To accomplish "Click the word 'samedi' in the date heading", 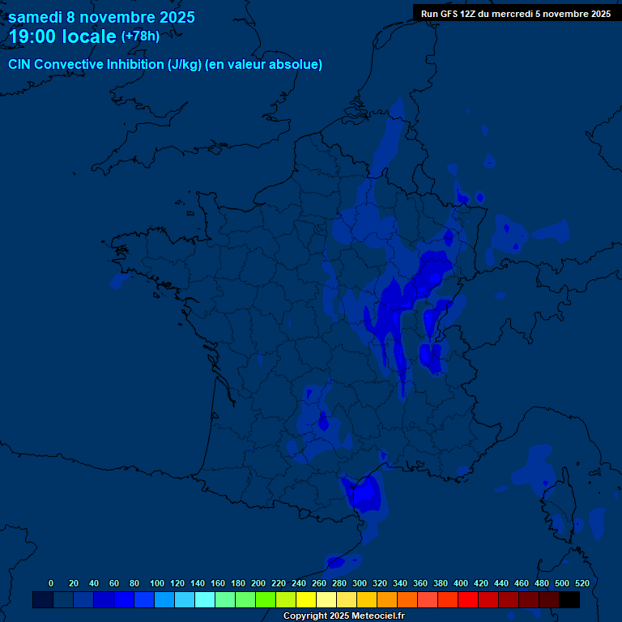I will pyautogui.click(x=35, y=17).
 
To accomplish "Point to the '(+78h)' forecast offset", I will pyautogui.click(x=140, y=36).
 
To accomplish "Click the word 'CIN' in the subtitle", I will pyautogui.click(x=19, y=65).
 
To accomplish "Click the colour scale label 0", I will pyautogui.click(x=51, y=583).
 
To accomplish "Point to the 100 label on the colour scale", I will pyautogui.click(x=157, y=583).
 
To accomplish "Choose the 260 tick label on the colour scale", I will pyautogui.click(x=319, y=583).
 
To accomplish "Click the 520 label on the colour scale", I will pyautogui.click(x=582, y=583).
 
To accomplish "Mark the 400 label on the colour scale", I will pyautogui.click(x=461, y=583).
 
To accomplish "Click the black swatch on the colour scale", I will pyautogui.click(x=569, y=600).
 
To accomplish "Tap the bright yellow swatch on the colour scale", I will pyautogui.click(x=305, y=600).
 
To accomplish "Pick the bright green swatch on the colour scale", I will pyautogui.click(x=265, y=600).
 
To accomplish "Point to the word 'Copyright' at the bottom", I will pyautogui.click(x=305, y=616).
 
